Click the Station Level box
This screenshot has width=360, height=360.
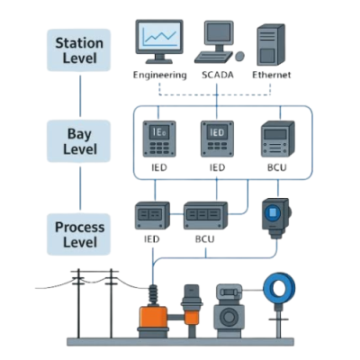79,50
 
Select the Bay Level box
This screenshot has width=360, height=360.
79,141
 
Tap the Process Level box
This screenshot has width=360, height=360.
79,234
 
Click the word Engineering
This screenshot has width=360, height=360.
159,75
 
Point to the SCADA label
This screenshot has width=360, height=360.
217,75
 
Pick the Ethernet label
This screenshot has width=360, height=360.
272,75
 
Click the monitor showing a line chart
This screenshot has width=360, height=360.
159,41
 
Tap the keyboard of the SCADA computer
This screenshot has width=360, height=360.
213,57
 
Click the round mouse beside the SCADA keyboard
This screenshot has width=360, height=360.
239,56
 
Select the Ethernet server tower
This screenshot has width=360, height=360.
271,45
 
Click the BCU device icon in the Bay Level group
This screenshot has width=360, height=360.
277,139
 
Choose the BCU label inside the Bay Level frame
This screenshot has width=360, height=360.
277,167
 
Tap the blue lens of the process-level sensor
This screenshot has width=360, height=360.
273,212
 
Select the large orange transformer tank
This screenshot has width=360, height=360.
153,317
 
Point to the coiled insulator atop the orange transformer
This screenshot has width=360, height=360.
153,295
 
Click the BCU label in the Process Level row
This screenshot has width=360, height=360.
205,239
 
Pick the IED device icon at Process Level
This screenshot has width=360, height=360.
152,215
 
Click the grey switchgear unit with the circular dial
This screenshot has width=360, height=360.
229,310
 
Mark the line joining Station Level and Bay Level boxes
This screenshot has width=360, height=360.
80,96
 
